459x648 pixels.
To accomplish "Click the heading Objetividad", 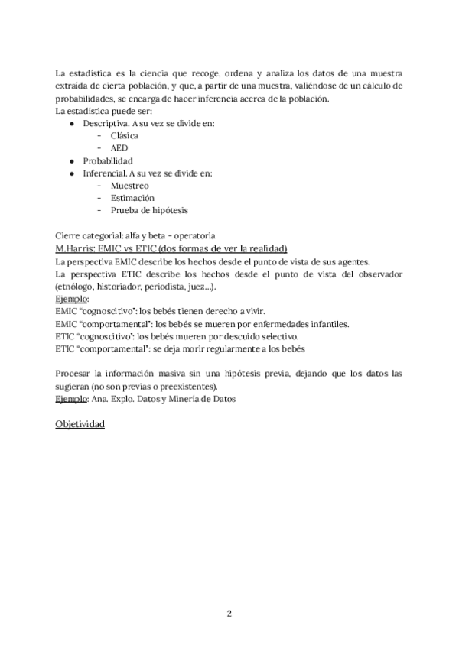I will coord(80,423).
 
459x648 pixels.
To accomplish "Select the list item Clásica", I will coord(124,134).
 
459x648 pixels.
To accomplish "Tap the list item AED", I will coord(119,147).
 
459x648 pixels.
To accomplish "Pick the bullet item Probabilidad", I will coord(108,160).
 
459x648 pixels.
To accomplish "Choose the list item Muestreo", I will coord(129,186).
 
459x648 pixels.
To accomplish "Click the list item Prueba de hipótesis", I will coord(148,210).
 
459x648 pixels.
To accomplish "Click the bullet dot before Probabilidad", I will coord(71,160).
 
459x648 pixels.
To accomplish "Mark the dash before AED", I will coord(99,147).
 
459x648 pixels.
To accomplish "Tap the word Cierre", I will coord(69,235).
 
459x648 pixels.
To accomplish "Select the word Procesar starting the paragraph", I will coord(74,374).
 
